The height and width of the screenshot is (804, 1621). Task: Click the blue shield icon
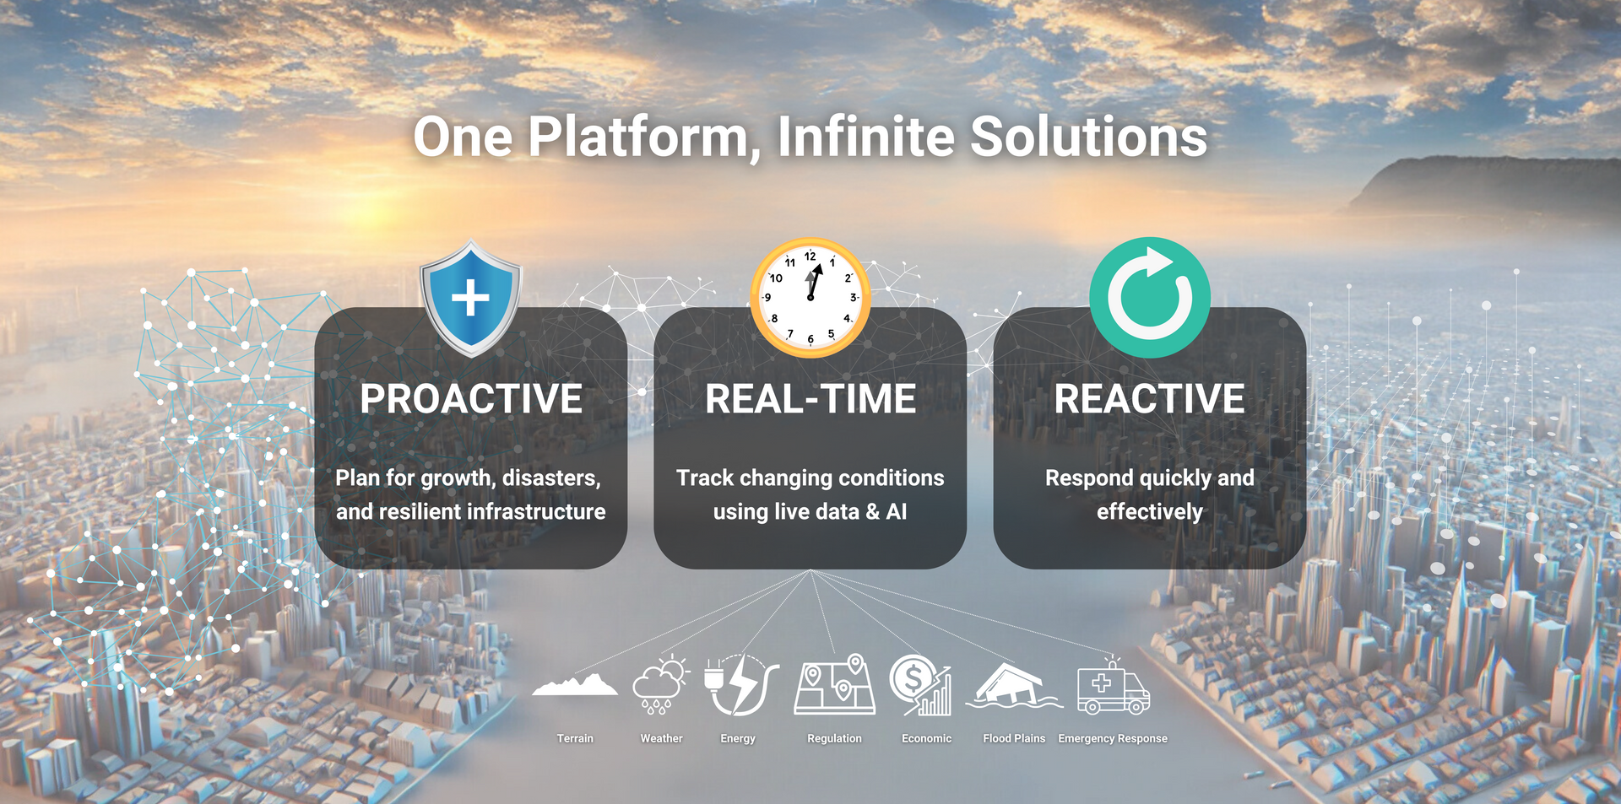tap(471, 298)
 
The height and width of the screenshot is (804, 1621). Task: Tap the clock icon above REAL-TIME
tap(810, 298)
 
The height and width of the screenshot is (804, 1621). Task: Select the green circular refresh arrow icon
tap(1150, 297)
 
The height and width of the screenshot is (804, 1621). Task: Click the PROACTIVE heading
tap(471, 399)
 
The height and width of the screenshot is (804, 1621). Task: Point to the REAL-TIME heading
tap(810, 399)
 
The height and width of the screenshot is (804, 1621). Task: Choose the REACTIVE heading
tap(1150, 399)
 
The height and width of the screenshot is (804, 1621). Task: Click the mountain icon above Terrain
tap(575, 684)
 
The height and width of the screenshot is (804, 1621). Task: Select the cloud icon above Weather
tap(661, 684)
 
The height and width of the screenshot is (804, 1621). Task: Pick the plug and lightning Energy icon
tap(740, 684)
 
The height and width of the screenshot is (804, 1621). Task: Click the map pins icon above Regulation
tap(834, 684)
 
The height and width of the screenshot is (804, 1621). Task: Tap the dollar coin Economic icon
tap(920, 685)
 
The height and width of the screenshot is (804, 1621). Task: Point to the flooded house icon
tap(1014, 686)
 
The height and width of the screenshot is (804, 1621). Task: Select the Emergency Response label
tap(1113, 738)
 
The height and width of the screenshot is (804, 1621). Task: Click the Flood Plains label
tap(1014, 738)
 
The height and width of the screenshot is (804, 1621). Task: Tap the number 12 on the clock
tap(810, 256)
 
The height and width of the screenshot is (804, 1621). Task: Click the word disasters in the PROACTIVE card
tap(551, 478)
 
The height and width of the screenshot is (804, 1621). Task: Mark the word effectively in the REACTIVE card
tap(1150, 512)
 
